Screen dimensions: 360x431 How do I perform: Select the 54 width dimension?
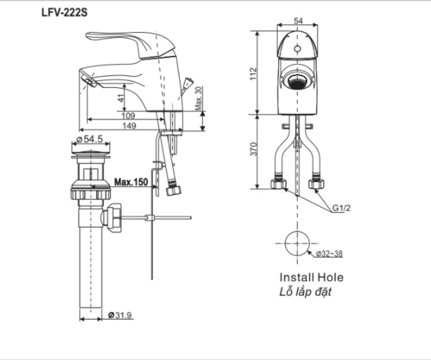pos(298,21)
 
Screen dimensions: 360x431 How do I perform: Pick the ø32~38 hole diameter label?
pos(329,252)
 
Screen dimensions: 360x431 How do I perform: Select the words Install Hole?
pos(311,277)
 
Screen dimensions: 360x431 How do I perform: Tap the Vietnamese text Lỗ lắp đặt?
pos(305,292)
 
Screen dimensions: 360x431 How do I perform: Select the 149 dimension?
pos(129,127)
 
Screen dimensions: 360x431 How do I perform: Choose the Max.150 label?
pos(130,182)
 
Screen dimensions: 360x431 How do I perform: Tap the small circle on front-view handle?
pos(297,48)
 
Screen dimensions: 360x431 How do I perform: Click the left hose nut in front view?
pos(278,185)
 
